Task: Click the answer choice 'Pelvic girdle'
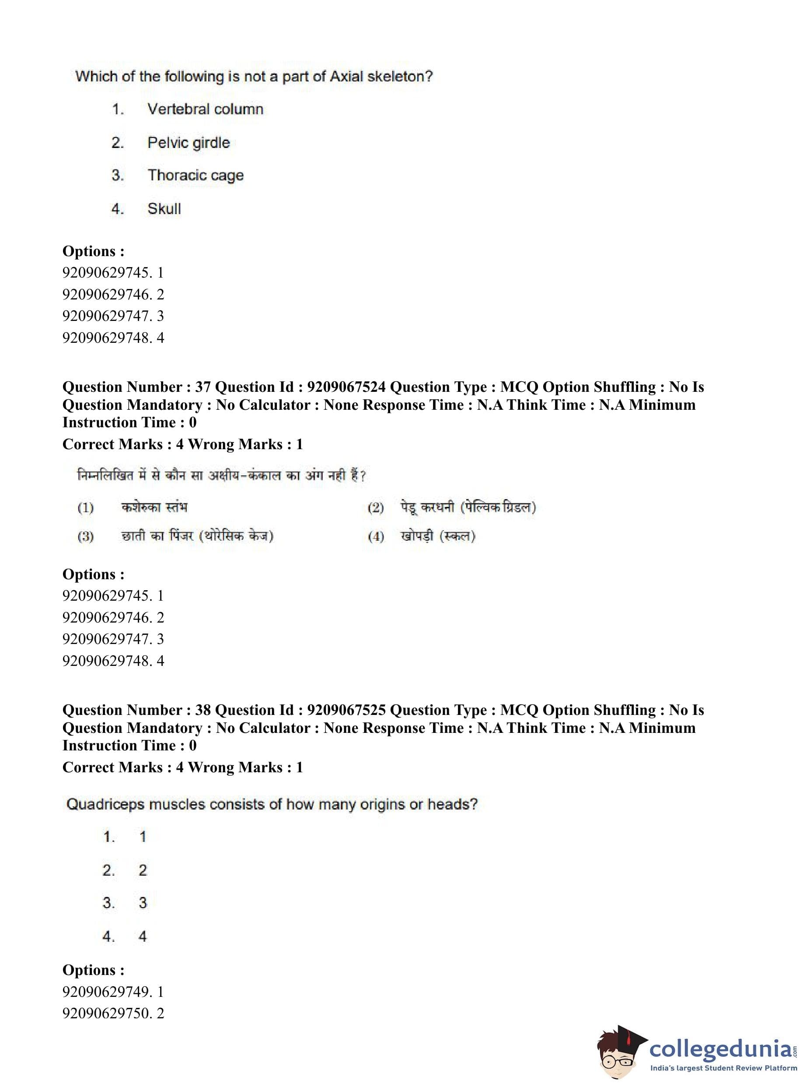(x=188, y=143)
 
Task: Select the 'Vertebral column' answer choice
(x=205, y=109)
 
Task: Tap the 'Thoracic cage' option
(x=196, y=175)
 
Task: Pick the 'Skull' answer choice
(x=164, y=209)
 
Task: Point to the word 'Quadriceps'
(x=105, y=804)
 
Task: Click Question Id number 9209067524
(x=346, y=387)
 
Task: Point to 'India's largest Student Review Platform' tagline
(x=723, y=1068)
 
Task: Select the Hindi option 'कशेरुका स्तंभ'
(x=154, y=507)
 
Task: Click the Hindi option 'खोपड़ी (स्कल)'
(x=437, y=536)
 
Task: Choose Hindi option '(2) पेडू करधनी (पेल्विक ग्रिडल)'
(x=452, y=507)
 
